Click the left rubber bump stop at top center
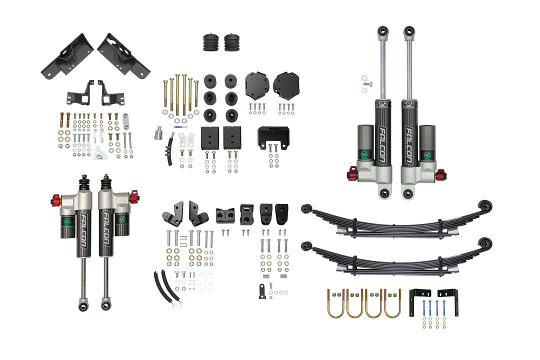pos(209,42)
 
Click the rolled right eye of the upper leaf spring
pos(484,205)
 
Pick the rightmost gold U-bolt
pos(392,302)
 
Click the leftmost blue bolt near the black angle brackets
pos(423,307)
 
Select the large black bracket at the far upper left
pos(65,53)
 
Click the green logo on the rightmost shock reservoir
pos(427,155)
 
